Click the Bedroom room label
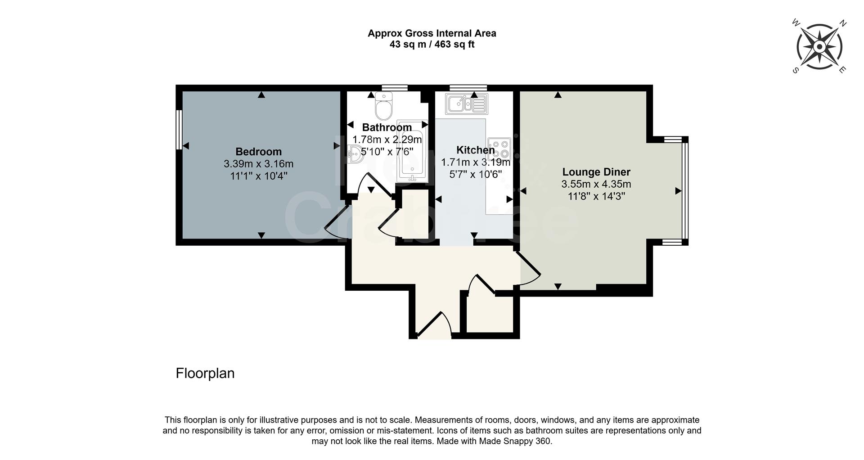(258, 152)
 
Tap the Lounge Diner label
(596, 172)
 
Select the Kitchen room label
(475, 150)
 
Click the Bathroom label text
(387, 127)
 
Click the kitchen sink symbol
(466, 104)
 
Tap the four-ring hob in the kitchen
(499, 149)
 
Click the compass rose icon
(819, 47)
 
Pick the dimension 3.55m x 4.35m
(596, 184)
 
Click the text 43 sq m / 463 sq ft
(432, 45)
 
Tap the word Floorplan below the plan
(205, 373)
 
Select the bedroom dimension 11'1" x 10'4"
(258, 176)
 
